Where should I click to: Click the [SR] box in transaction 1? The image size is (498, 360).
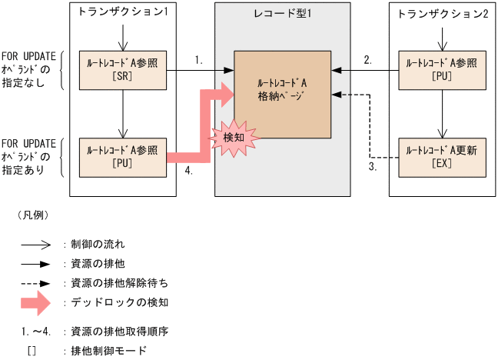(x=123, y=70)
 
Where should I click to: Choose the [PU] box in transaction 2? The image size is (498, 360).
(x=441, y=70)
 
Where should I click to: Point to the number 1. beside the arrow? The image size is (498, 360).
(x=198, y=59)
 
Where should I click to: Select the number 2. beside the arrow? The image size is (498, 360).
(x=368, y=59)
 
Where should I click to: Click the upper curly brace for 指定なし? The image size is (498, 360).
(x=62, y=70)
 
